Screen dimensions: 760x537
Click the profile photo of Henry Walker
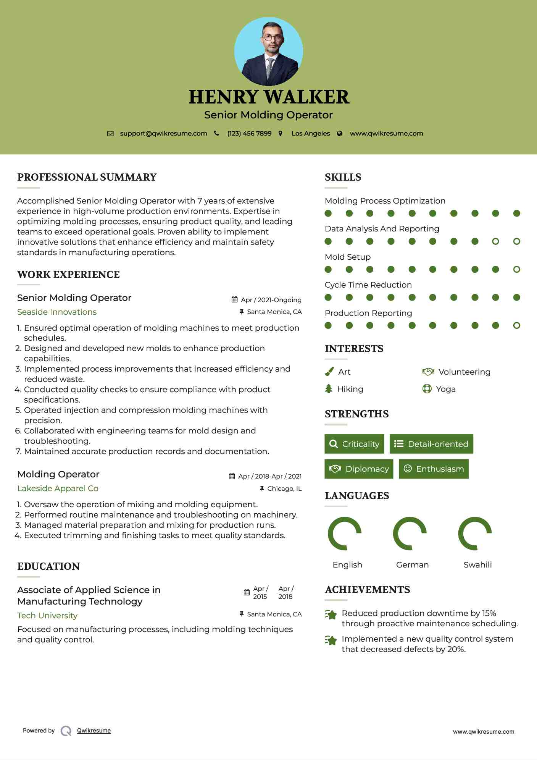click(268, 52)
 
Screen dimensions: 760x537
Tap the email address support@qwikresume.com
click(163, 134)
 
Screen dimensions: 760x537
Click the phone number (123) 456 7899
click(249, 134)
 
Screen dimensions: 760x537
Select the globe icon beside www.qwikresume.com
click(340, 134)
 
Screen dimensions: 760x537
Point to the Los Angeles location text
click(311, 134)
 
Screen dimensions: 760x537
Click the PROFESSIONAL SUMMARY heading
click(87, 177)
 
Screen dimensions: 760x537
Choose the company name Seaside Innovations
click(57, 312)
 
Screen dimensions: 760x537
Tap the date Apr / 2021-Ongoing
click(271, 300)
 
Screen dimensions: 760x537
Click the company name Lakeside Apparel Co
click(58, 488)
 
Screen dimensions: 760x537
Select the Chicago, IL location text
click(284, 489)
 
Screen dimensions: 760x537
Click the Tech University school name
click(47, 616)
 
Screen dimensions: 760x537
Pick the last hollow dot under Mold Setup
click(516, 270)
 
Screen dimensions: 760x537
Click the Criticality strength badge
click(354, 444)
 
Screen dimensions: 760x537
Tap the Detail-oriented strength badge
click(431, 444)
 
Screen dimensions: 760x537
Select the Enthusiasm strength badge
click(434, 469)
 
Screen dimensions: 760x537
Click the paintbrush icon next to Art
click(329, 372)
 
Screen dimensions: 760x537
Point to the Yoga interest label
click(446, 389)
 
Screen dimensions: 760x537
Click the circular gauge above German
click(410, 534)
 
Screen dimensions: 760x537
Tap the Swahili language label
click(477, 565)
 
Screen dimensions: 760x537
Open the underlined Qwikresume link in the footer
click(94, 731)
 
